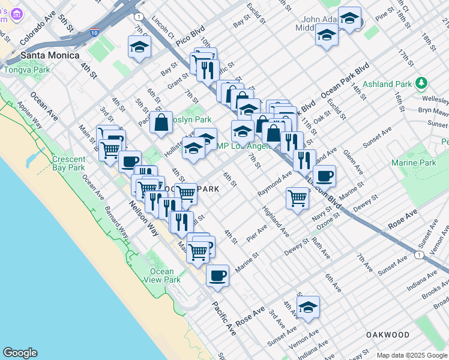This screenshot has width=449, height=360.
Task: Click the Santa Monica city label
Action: tap(50, 55)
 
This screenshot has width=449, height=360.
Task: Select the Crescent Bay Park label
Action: tap(68, 163)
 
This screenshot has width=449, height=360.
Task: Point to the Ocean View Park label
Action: tap(162, 275)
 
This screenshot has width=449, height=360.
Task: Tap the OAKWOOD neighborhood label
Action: tap(388, 335)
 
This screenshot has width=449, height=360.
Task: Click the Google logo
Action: tap(20, 353)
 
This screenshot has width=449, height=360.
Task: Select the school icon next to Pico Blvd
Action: tap(139, 47)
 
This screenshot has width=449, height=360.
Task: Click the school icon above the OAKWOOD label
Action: tap(308, 307)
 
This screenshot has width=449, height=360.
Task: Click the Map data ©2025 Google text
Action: tap(412, 355)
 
